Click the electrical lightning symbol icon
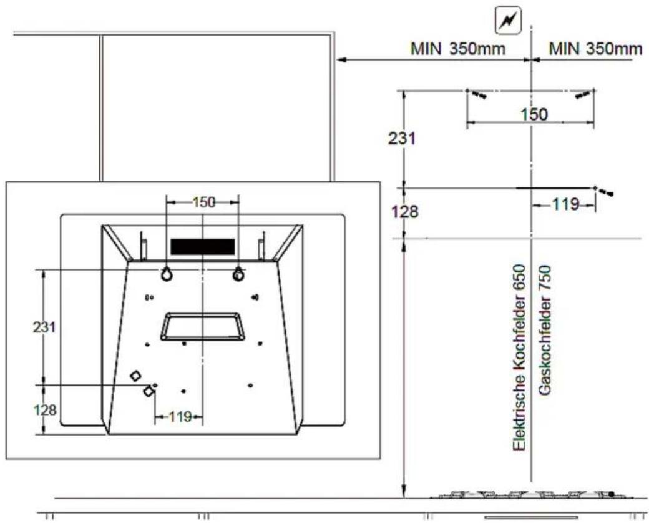click(508, 21)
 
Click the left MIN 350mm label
click(458, 49)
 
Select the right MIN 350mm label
click(595, 49)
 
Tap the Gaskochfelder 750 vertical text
click(545, 331)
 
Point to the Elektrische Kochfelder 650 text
click(519, 357)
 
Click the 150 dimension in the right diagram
click(534, 114)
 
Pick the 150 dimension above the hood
click(204, 202)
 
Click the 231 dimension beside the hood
click(44, 327)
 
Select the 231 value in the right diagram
click(401, 139)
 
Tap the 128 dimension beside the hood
click(45, 411)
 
